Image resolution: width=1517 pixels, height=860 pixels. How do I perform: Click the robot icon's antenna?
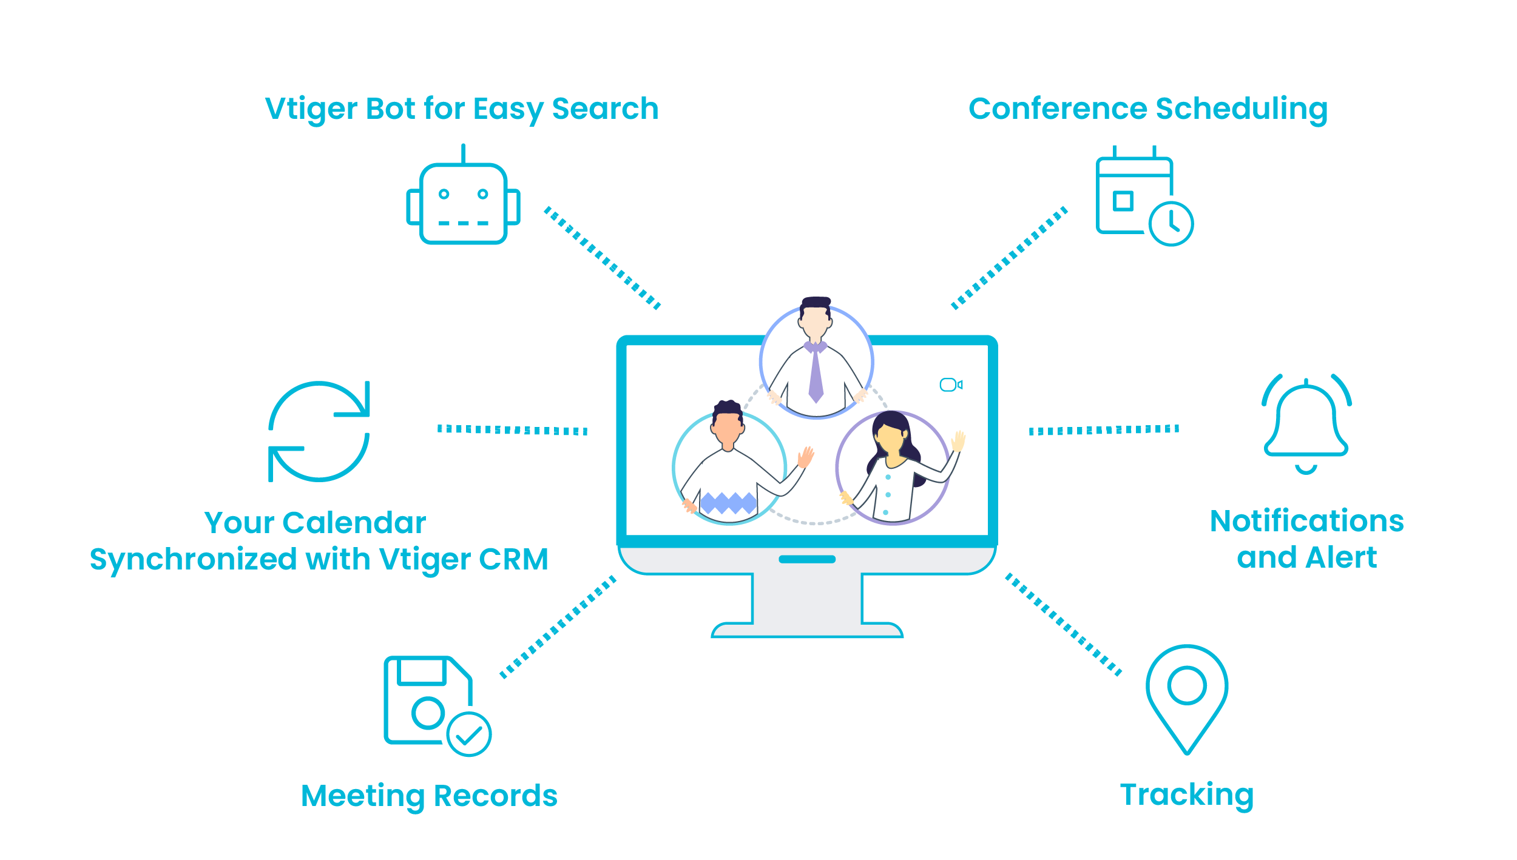tap(463, 154)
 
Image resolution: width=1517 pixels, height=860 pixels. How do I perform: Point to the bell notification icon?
tap(1306, 424)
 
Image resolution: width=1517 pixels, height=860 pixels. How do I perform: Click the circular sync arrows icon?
tap(319, 431)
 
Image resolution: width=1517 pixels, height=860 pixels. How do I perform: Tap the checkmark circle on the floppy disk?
tap(468, 734)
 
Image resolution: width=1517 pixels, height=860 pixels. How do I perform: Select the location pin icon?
tap(1186, 697)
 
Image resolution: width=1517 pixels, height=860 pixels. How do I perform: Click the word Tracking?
tap(1186, 795)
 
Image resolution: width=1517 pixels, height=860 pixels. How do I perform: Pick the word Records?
tap(495, 796)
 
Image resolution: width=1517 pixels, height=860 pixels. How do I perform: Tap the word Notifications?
tap(1306, 521)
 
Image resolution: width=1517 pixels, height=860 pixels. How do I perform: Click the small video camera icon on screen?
tap(950, 385)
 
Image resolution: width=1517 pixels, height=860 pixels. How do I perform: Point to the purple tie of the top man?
tap(816, 376)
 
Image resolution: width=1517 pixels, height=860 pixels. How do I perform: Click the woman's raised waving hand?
tap(958, 441)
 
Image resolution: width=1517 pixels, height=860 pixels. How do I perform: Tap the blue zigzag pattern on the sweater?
tap(728, 503)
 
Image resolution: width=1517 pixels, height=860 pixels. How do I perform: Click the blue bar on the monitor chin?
tap(806, 559)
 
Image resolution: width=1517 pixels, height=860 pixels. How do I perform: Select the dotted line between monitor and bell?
tap(1103, 430)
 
